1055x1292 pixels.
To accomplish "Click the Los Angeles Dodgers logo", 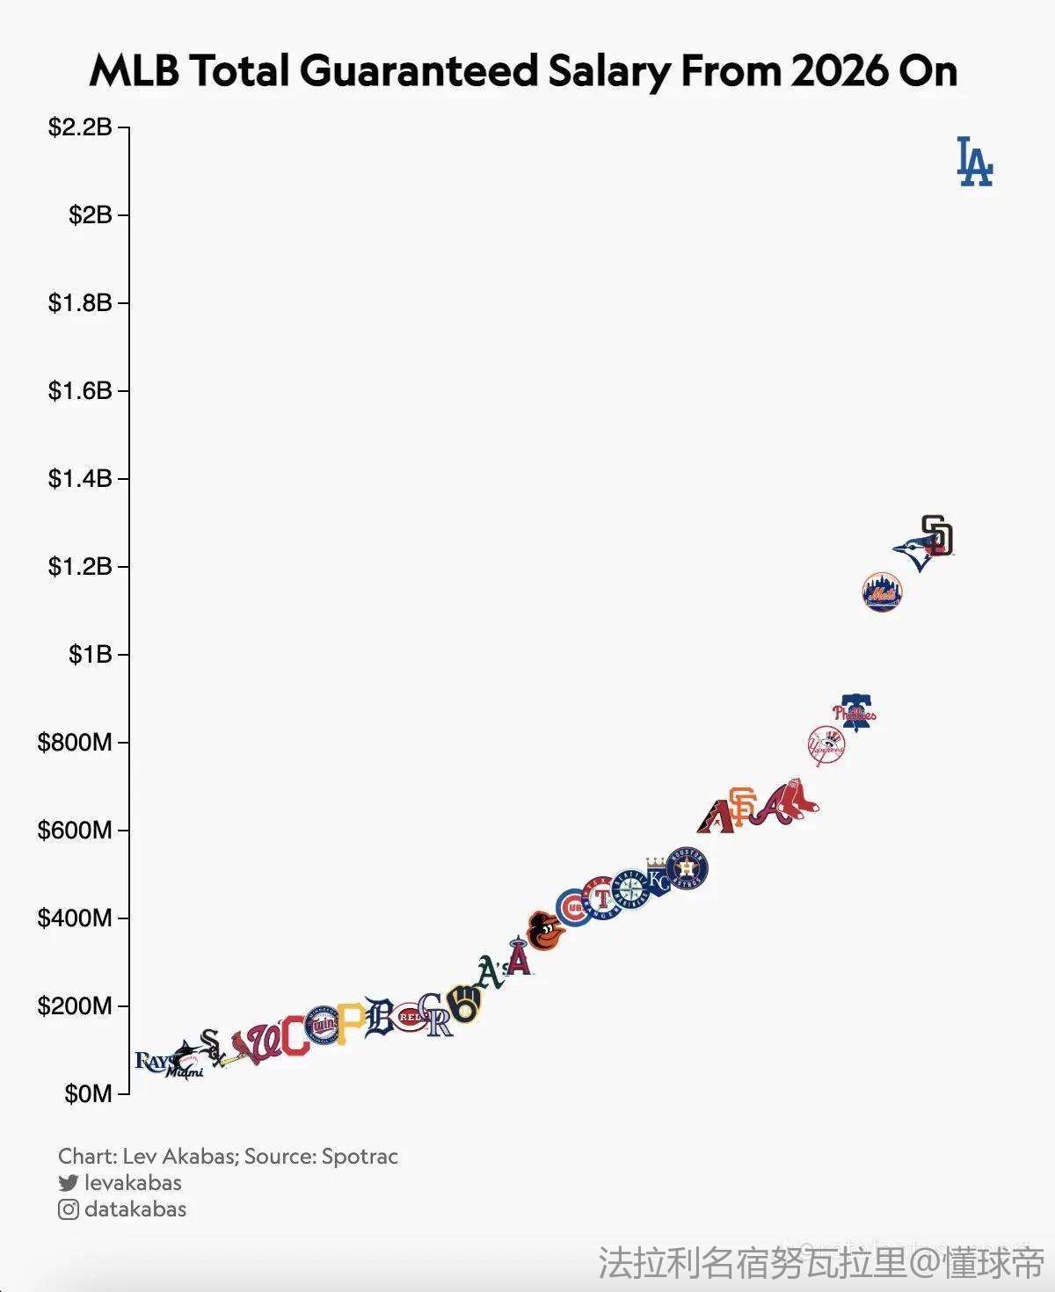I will point(974,162).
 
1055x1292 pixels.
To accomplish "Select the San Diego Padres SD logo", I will point(937,535).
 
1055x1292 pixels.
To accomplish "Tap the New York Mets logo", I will point(882,592).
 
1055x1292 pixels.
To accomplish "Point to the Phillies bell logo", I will point(855,712).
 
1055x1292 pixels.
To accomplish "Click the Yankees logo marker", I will point(826,746).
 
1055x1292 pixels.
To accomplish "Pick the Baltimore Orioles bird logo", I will point(544,932).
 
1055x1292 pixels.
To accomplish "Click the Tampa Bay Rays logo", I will point(152,1062).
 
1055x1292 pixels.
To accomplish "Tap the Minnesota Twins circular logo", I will point(324,1025).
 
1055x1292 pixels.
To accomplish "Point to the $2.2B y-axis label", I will point(80,127).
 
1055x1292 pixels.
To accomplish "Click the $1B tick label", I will point(91,655).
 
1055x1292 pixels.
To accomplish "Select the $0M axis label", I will point(88,1094).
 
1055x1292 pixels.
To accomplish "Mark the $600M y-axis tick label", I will point(75,831).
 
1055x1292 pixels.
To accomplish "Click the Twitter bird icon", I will point(69,1183).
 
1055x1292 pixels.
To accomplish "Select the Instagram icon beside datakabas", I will point(69,1209).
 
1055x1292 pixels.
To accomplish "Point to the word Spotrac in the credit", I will point(360,1156).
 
